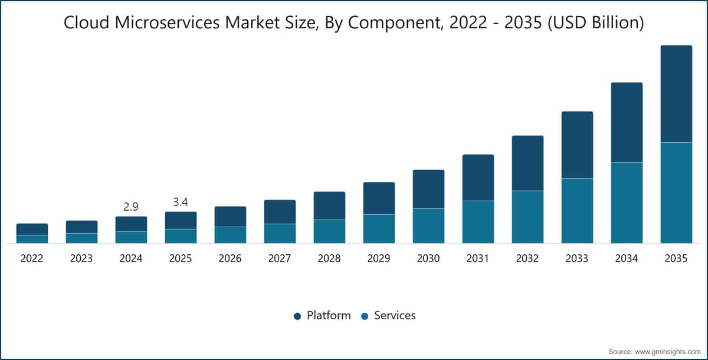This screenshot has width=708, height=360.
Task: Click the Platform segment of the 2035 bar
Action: coord(676,94)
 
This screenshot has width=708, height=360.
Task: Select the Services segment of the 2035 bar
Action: coord(676,193)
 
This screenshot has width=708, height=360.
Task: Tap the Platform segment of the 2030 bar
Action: coord(428,189)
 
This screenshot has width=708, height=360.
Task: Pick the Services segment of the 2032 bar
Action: coord(527,217)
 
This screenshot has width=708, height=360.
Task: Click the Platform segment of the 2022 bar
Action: coord(32,229)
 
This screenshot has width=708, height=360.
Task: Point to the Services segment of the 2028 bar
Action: coord(329,231)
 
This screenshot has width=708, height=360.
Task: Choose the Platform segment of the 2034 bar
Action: coord(627,123)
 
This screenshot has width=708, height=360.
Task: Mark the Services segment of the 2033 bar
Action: coord(577,211)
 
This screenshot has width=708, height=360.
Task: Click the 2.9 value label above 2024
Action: coord(131,207)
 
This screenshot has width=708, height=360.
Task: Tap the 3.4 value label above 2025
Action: coord(181,202)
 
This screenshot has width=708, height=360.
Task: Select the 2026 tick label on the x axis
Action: coord(230,258)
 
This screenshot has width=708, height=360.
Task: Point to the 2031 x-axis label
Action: coord(477,258)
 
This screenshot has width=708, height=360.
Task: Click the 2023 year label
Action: coord(81,258)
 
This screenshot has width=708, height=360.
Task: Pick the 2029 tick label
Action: coord(379,258)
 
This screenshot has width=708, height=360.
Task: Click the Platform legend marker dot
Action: coord(297,316)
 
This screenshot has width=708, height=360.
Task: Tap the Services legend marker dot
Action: coord(365,316)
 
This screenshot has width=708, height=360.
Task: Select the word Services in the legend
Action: coord(395,315)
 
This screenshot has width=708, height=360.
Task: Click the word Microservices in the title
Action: coord(167,22)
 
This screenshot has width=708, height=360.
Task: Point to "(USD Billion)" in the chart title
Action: coord(596,23)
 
